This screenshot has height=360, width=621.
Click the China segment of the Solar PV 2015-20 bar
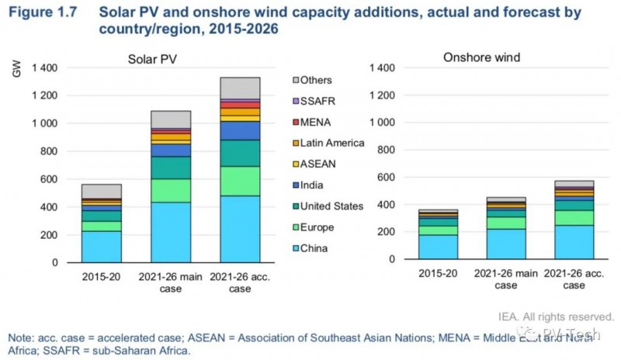click(x=101, y=246)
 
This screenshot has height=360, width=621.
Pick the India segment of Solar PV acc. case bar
click(x=239, y=130)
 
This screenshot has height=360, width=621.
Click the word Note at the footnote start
click(x=20, y=338)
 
